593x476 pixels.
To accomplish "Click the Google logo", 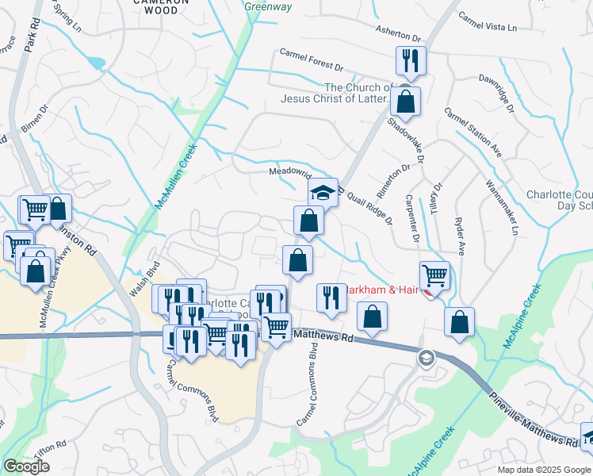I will click(x=26, y=466).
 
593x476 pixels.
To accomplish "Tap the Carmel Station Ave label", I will click(x=473, y=132).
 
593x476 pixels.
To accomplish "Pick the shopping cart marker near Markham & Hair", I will click(x=434, y=275).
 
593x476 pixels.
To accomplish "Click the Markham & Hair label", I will click(x=383, y=290).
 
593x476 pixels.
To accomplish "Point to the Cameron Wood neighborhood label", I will click(x=162, y=6).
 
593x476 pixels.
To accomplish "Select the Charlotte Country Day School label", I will click(x=560, y=200).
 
